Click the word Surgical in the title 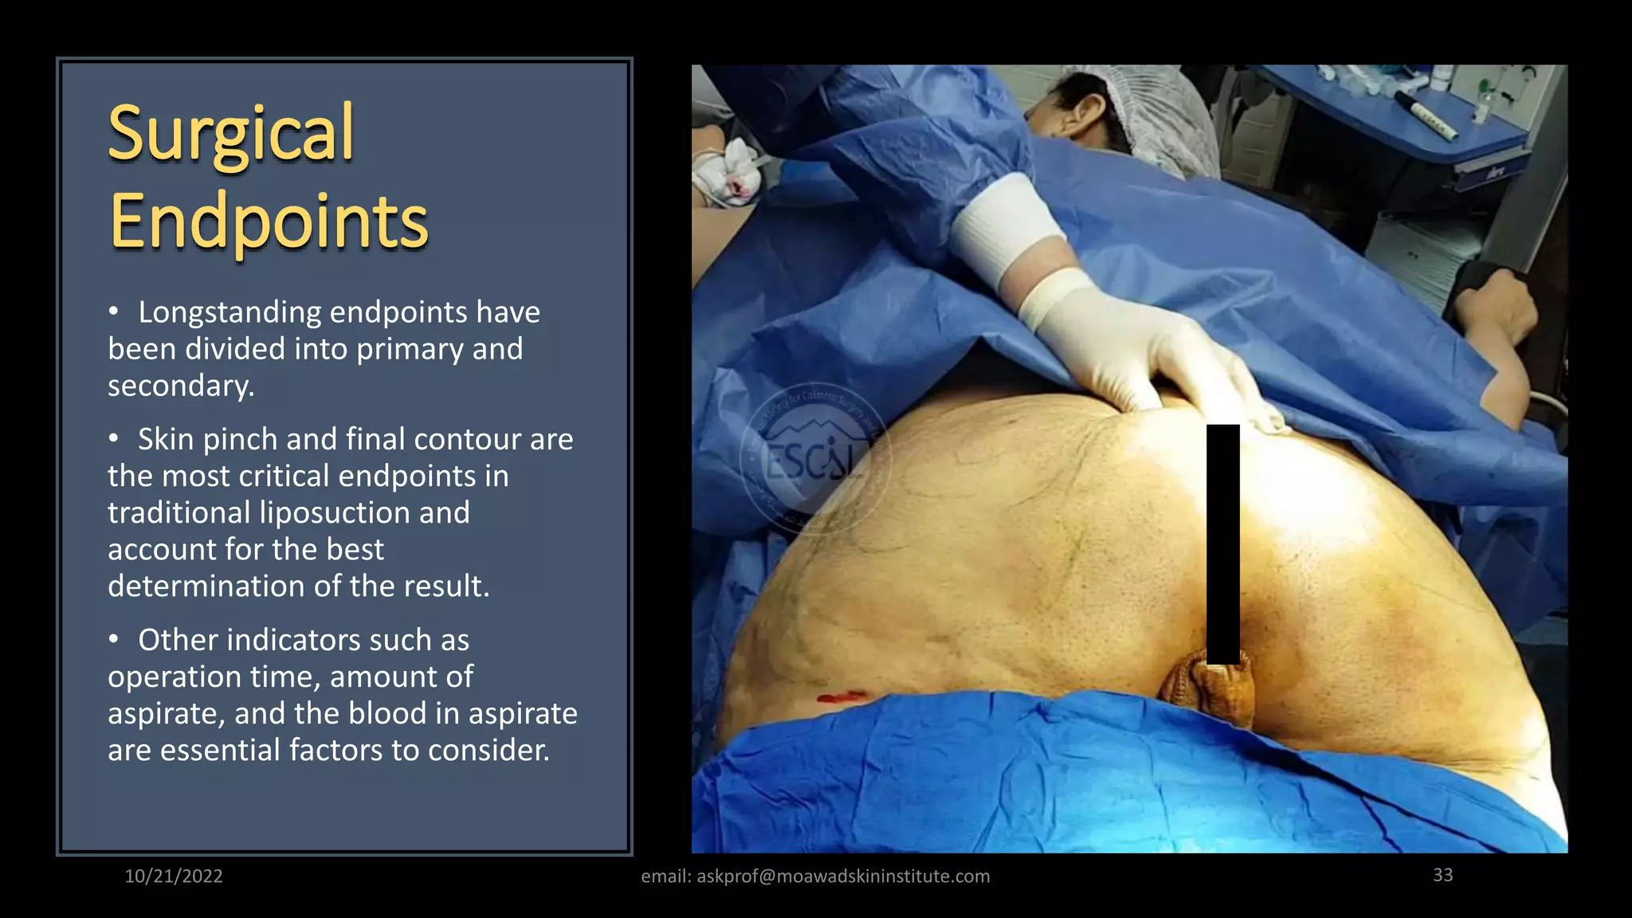point(230,134)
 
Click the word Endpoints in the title point(269,222)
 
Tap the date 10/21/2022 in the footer point(174,876)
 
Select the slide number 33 point(1442,875)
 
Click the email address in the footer point(843,877)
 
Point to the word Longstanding point(229,312)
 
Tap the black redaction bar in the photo point(1222,543)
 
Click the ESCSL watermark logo point(814,460)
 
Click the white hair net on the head point(1171,120)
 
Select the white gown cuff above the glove point(1006,231)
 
